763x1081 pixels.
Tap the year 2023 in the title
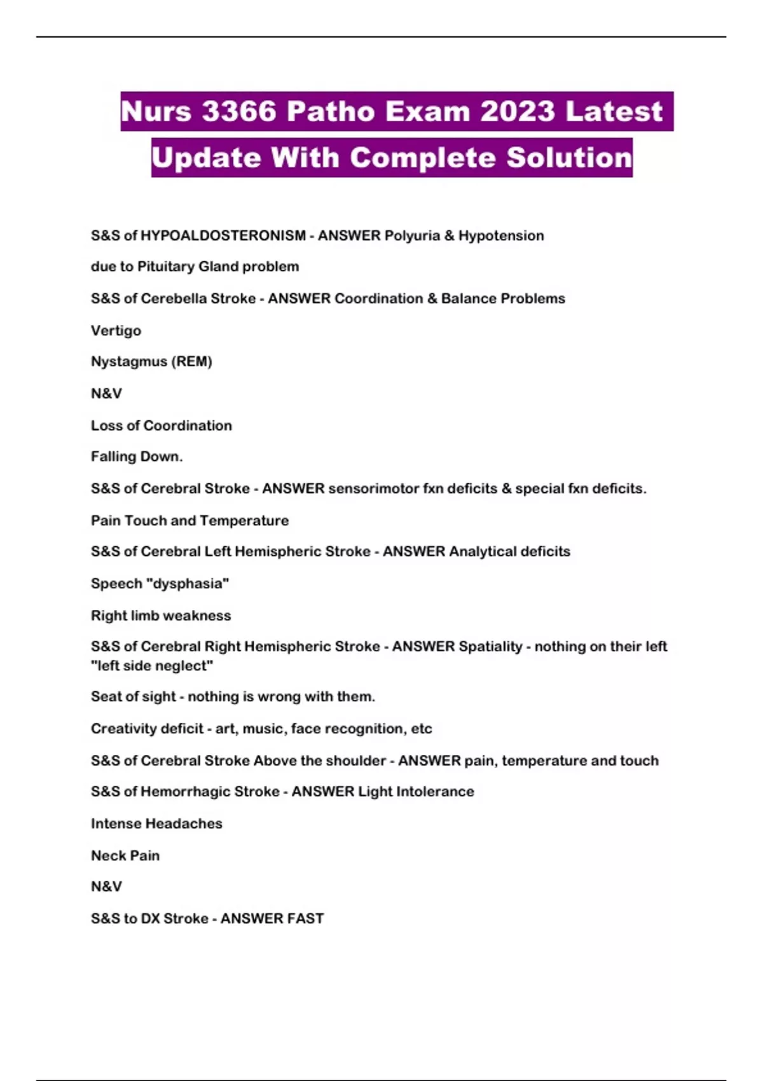(518, 112)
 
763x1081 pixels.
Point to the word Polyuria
(412, 236)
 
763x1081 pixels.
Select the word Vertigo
(116, 331)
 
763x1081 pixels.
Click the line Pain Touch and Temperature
(189, 520)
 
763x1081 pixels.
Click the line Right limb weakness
(161, 616)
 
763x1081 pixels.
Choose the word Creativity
(127, 729)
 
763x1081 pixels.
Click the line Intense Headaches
(156, 823)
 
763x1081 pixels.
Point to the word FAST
(305, 919)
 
